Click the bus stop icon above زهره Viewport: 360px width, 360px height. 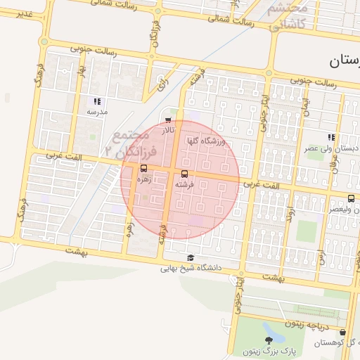[x=144, y=168]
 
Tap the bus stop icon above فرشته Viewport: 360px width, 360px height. [x=185, y=173]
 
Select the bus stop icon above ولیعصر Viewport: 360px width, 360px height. [x=351, y=198]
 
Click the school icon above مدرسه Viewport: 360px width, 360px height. [x=96, y=101]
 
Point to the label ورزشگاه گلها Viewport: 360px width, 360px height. [x=205, y=141]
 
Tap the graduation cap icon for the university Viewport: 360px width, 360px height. [x=191, y=257]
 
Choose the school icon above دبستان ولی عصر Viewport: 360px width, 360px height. [x=330, y=137]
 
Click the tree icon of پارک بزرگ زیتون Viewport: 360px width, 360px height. [x=267, y=340]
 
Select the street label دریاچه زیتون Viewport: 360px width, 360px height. [x=306, y=325]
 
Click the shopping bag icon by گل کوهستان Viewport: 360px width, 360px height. [x=342, y=332]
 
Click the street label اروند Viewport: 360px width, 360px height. [x=292, y=211]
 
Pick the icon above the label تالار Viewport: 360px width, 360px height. [x=167, y=120]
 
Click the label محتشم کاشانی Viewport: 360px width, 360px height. [x=288, y=16]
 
